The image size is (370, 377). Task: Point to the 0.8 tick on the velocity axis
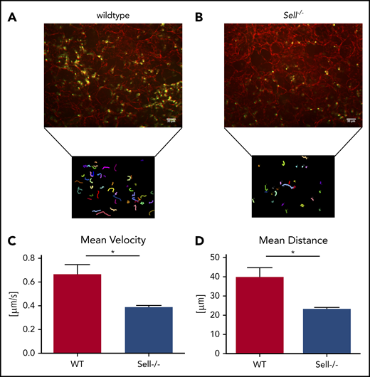click(33, 257)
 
